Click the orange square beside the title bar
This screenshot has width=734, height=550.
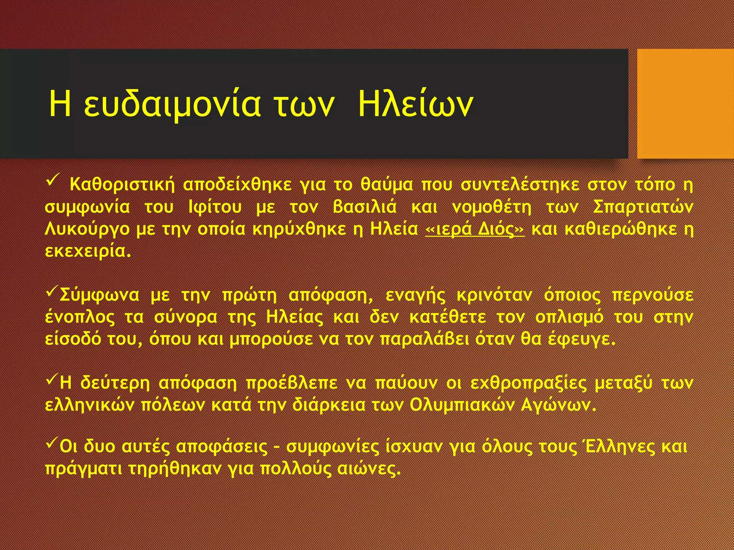685,104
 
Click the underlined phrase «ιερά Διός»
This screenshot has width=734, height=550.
475,230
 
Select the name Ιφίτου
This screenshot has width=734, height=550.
215,207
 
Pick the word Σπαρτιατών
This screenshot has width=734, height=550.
643,207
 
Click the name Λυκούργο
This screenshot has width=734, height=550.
87,230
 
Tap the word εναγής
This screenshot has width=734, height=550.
415,295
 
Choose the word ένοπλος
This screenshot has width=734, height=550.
80,317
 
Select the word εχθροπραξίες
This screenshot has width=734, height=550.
528,383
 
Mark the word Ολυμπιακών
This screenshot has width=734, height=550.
461,405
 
